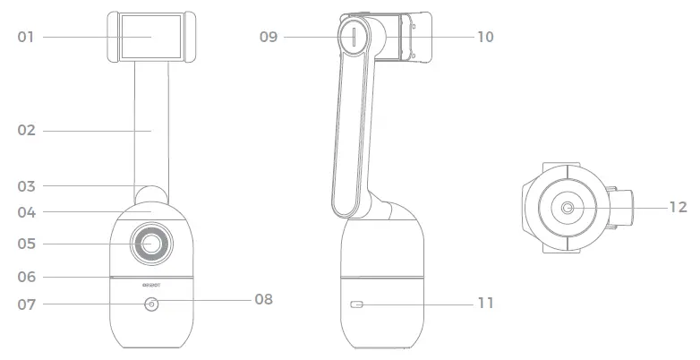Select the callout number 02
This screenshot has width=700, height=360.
click(27, 131)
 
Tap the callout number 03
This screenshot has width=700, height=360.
click(27, 186)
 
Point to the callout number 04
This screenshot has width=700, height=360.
click(27, 212)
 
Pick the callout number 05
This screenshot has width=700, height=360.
click(27, 243)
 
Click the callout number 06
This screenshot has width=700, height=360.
click(27, 277)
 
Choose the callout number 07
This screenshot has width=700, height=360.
click(27, 304)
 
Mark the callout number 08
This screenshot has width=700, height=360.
click(263, 299)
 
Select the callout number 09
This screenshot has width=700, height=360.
click(269, 37)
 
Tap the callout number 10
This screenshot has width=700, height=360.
click(484, 37)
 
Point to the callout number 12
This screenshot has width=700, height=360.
click(678, 207)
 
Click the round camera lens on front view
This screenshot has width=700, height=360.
click(149, 243)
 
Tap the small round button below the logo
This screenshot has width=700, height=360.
click(149, 304)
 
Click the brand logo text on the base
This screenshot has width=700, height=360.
click(149, 287)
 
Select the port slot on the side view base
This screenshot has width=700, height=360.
click(358, 305)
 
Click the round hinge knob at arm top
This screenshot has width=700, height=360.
click(354, 38)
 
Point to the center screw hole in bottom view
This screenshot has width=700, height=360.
click(568, 208)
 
